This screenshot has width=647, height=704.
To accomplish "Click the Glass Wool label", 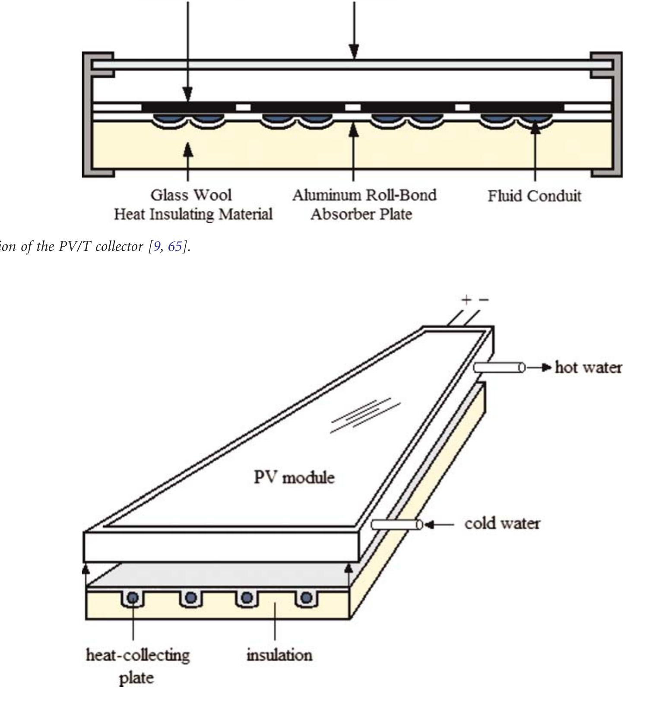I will click(191, 195).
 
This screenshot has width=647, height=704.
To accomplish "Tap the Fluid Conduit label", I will click(534, 196).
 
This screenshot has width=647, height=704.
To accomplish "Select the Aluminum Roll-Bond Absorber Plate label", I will click(364, 205).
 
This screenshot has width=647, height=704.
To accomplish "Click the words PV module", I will click(294, 478).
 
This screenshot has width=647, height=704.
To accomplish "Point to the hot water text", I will click(588, 368).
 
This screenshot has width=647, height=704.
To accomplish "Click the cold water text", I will click(502, 523).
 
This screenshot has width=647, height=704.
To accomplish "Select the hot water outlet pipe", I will click(499, 368).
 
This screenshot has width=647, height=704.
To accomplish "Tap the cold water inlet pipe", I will click(396, 524).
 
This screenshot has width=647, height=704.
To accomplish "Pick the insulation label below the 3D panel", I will click(279, 655).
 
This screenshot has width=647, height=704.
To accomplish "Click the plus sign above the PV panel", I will click(466, 300).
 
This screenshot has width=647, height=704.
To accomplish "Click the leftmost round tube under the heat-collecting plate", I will click(133, 598).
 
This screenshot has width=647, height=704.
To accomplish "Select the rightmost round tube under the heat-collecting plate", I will click(306, 598).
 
